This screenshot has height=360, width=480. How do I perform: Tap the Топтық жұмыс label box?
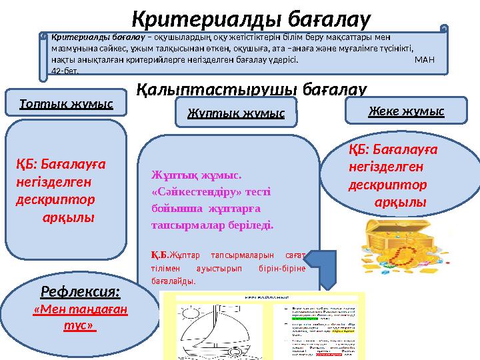coord(66,103)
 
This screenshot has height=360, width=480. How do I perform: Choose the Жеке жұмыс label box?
coord(406,111)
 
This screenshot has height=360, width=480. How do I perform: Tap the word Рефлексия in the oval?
coord(81,291)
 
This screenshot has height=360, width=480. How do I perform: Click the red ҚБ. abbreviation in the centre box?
coord(159,254)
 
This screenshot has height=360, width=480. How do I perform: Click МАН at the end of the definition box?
coord(424,59)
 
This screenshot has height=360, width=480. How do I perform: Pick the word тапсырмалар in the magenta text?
coord(180,226)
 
